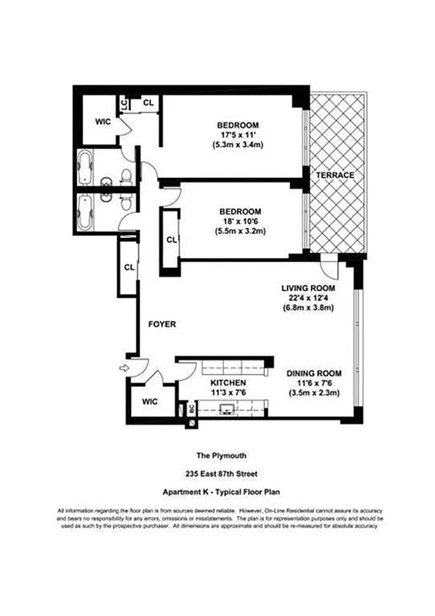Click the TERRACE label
click(x=333, y=176)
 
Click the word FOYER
click(x=162, y=325)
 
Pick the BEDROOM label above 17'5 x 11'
click(x=237, y=126)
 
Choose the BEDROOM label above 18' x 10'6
click(x=239, y=212)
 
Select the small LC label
click(x=123, y=102)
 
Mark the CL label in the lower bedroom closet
click(x=171, y=239)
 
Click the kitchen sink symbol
click(x=227, y=409)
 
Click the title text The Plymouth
click(x=217, y=455)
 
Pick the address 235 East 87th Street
click(x=217, y=474)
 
